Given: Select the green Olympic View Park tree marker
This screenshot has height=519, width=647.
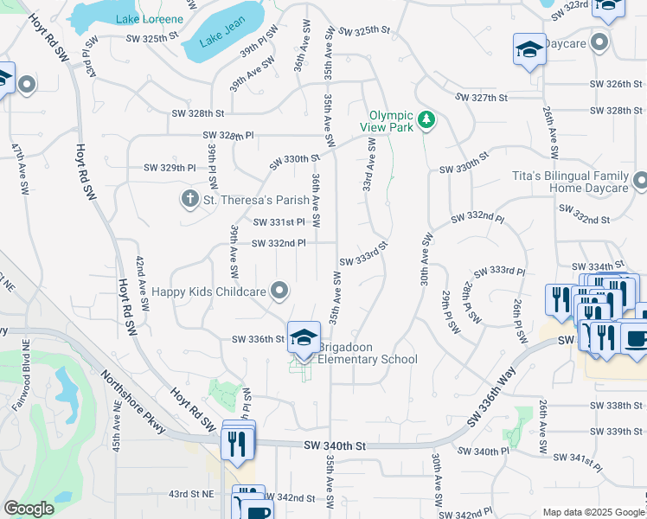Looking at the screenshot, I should coord(425,119).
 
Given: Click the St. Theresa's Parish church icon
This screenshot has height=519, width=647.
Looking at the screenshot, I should coord(190,200).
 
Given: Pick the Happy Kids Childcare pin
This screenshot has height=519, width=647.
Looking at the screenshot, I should coord(279,292).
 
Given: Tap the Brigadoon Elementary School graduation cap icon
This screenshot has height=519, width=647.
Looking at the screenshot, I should coord(303,338).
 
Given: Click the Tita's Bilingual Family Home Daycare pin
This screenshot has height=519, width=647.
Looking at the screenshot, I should coord(640,182).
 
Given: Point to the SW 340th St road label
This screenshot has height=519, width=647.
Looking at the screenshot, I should coord(336,445).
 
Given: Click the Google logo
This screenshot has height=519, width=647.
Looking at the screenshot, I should coord(29,509).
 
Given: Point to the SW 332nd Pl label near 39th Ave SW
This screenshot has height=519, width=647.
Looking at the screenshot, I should coord(279,243).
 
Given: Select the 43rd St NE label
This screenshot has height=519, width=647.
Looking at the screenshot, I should coord(191,494).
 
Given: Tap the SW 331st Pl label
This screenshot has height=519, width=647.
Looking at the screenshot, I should coord(279,222).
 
